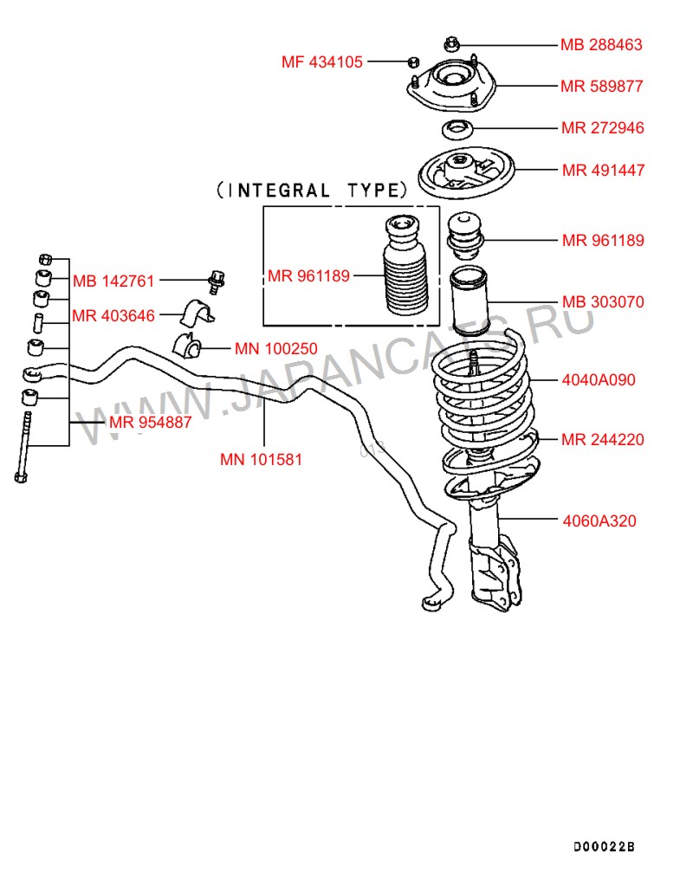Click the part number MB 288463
[601, 44]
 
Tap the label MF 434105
[321, 61]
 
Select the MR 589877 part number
[601, 86]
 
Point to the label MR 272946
[602, 128]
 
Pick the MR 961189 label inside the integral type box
[308, 276]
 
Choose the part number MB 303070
[602, 302]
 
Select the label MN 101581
[261, 460]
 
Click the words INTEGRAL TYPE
[311, 190]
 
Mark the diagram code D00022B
[604, 845]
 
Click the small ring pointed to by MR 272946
[456, 131]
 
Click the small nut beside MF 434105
[414, 61]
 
